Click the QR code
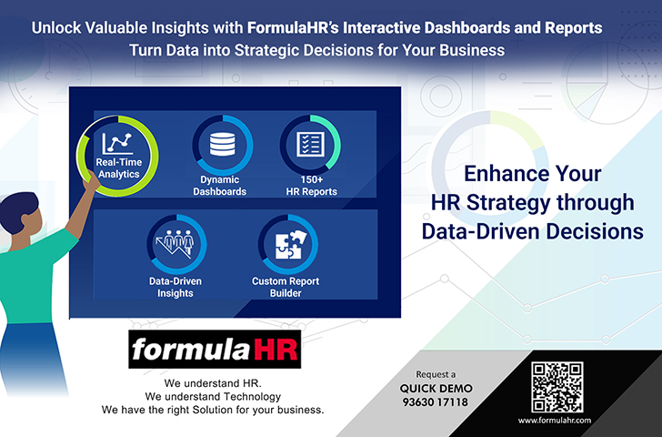tap(557, 387)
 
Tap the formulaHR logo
tap(215, 349)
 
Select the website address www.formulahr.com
tap(555, 420)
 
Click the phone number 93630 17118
tap(436, 401)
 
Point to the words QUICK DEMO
tap(436, 389)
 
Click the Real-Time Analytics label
tap(118, 168)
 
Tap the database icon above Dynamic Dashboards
tap(223, 144)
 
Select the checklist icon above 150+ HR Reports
tap(311, 145)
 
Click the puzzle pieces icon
tap(289, 245)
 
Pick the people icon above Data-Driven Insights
tap(175, 244)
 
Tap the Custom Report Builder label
tap(286, 287)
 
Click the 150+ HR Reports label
tap(312, 186)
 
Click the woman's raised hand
tap(91, 181)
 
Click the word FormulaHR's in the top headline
tap(293, 27)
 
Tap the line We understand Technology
tap(213, 396)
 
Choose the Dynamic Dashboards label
tap(219, 186)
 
